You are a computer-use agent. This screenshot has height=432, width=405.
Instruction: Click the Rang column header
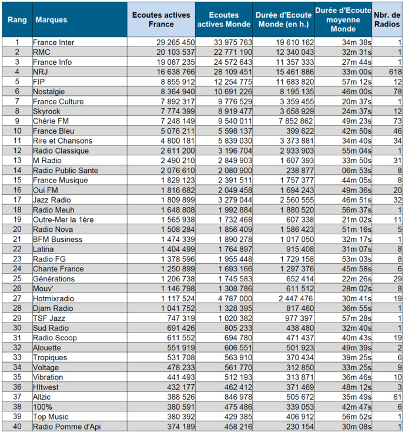(16, 20)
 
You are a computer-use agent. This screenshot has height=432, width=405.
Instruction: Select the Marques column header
(52, 20)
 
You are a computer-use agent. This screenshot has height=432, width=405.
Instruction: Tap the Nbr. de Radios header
(389, 20)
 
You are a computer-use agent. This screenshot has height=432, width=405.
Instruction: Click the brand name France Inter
(53, 42)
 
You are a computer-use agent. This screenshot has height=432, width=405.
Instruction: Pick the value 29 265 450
(175, 42)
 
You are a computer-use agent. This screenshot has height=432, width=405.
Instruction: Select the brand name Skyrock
(47, 111)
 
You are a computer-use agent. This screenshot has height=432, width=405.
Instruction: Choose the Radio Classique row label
(61, 151)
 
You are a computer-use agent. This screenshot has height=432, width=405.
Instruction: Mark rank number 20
(17, 230)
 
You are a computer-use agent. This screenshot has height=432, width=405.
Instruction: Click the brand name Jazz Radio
(52, 200)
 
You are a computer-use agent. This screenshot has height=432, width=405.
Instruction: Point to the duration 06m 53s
(356, 170)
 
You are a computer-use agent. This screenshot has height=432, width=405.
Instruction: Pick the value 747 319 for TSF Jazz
(179, 318)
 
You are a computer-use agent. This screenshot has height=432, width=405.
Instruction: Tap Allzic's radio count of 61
(397, 397)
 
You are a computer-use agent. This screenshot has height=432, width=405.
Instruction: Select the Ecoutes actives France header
(160, 20)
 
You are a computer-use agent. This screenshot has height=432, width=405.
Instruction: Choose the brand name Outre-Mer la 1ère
(62, 220)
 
